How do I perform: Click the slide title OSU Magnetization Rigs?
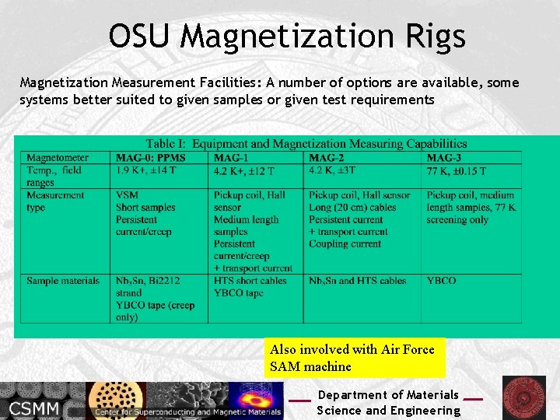click(x=287, y=36)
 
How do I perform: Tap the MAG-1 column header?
click(x=233, y=158)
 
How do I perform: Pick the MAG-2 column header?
click(x=328, y=158)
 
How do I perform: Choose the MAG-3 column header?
click(x=446, y=158)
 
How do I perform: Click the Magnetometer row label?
click(x=58, y=158)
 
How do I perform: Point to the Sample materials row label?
click(x=63, y=281)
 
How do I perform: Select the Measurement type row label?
click(x=55, y=201)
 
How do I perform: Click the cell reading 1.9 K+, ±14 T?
click(x=152, y=170)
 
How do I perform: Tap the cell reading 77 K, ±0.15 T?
click(x=456, y=171)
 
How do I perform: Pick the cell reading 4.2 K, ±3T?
click(x=332, y=170)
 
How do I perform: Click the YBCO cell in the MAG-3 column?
click(x=441, y=281)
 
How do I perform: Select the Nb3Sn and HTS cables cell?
click(x=358, y=281)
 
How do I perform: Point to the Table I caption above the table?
click(x=306, y=144)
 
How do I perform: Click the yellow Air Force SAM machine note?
click(x=354, y=358)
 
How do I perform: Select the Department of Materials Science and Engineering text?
click(x=388, y=403)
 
